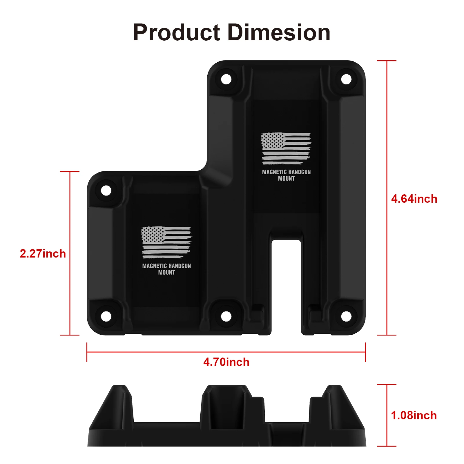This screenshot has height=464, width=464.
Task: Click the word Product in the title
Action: click(x=177, y=33)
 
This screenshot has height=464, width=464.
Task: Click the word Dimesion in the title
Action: click(x=279, y=33)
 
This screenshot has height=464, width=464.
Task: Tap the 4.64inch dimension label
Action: click(x=414, y=199)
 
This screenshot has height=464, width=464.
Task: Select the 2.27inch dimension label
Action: click(x=43, y=254)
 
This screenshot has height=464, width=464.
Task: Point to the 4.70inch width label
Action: click(x=226, y=362)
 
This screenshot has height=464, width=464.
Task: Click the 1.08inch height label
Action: click(x=414, y=416)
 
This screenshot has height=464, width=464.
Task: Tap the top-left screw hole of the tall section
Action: click(x=226, y=79)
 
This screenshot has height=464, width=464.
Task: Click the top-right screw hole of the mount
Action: click(x=346, y=79)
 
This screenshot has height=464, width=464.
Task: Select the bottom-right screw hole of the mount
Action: click(x=346, y=316)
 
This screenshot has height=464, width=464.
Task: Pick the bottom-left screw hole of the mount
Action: click(x=106, y=316)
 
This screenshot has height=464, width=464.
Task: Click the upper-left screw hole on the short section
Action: click(x=106, y=191)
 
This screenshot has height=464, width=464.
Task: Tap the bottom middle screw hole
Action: click(x=226, y=316)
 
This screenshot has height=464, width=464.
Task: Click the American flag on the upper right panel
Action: click(x=286, y=148)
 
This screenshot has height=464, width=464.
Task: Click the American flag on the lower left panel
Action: click(x=166, y=242)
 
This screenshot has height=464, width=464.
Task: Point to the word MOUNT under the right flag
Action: click(x=286, y=179)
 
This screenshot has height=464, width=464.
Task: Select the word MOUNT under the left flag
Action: click(x=166, y=273)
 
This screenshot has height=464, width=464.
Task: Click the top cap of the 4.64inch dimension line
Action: click(x=387, y=61)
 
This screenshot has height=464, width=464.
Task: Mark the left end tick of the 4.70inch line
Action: click(x=87, y=352)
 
